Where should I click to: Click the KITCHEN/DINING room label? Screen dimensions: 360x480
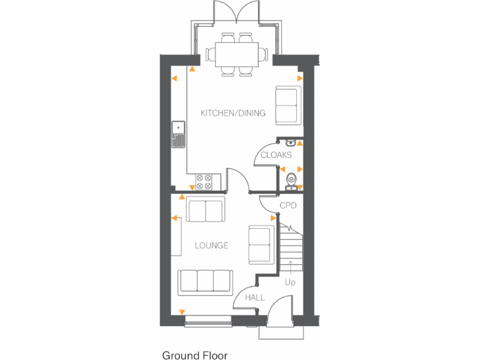point(232,113)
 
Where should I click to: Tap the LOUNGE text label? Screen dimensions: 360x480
point(211,246)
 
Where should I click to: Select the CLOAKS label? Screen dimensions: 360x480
point(276,155)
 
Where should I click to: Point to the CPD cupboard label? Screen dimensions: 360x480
point(287,205)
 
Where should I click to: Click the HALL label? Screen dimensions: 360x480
point(254,297)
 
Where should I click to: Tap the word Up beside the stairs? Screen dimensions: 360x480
point(290,282)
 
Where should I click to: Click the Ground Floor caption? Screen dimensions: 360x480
point(195,355)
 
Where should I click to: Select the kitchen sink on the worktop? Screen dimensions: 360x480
point(178,134)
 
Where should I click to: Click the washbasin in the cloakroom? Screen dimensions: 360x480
point(291,142)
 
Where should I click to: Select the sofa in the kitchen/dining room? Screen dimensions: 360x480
point(287,106)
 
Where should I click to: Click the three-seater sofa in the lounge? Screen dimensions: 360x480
point(205,282)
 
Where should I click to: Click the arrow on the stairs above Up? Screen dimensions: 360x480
point(290,267)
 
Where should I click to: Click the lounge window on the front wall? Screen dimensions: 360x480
point(208,321)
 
